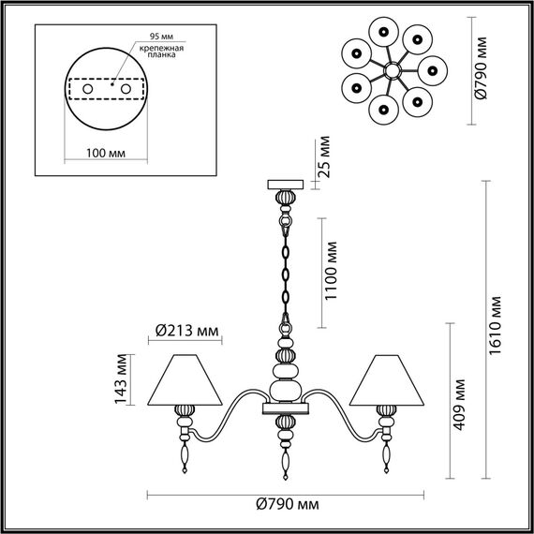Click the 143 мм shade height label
point(119,378)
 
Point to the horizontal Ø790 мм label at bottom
point(286,506)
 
